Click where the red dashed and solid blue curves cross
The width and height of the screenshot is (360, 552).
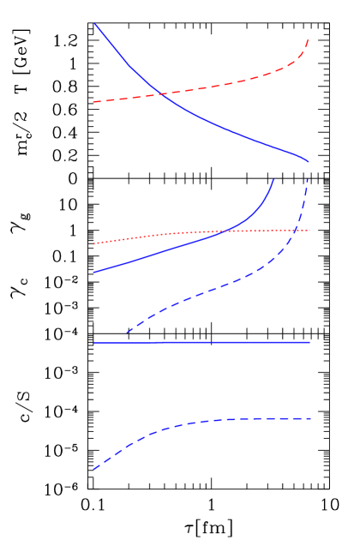coord(160,93)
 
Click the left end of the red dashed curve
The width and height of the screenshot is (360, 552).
coord(93,102)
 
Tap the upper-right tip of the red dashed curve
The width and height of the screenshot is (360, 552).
coord(309,39)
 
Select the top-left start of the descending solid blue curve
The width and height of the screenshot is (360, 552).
coord(94,24)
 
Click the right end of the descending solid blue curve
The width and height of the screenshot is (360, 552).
coord(309,161)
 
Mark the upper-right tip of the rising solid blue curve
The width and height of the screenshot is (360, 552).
coord(273,179)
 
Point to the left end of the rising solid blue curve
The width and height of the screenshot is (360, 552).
coord(93,273)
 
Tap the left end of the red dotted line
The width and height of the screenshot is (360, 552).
coord(93,243)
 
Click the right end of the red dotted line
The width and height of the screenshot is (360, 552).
coord(309,230)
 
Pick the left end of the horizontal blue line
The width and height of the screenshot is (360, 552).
coord(93,343)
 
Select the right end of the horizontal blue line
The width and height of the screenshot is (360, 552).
coord(309,342)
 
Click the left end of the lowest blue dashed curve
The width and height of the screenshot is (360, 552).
coord(93,470)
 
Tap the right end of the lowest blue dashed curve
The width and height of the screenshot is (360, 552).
coord(310,418)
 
